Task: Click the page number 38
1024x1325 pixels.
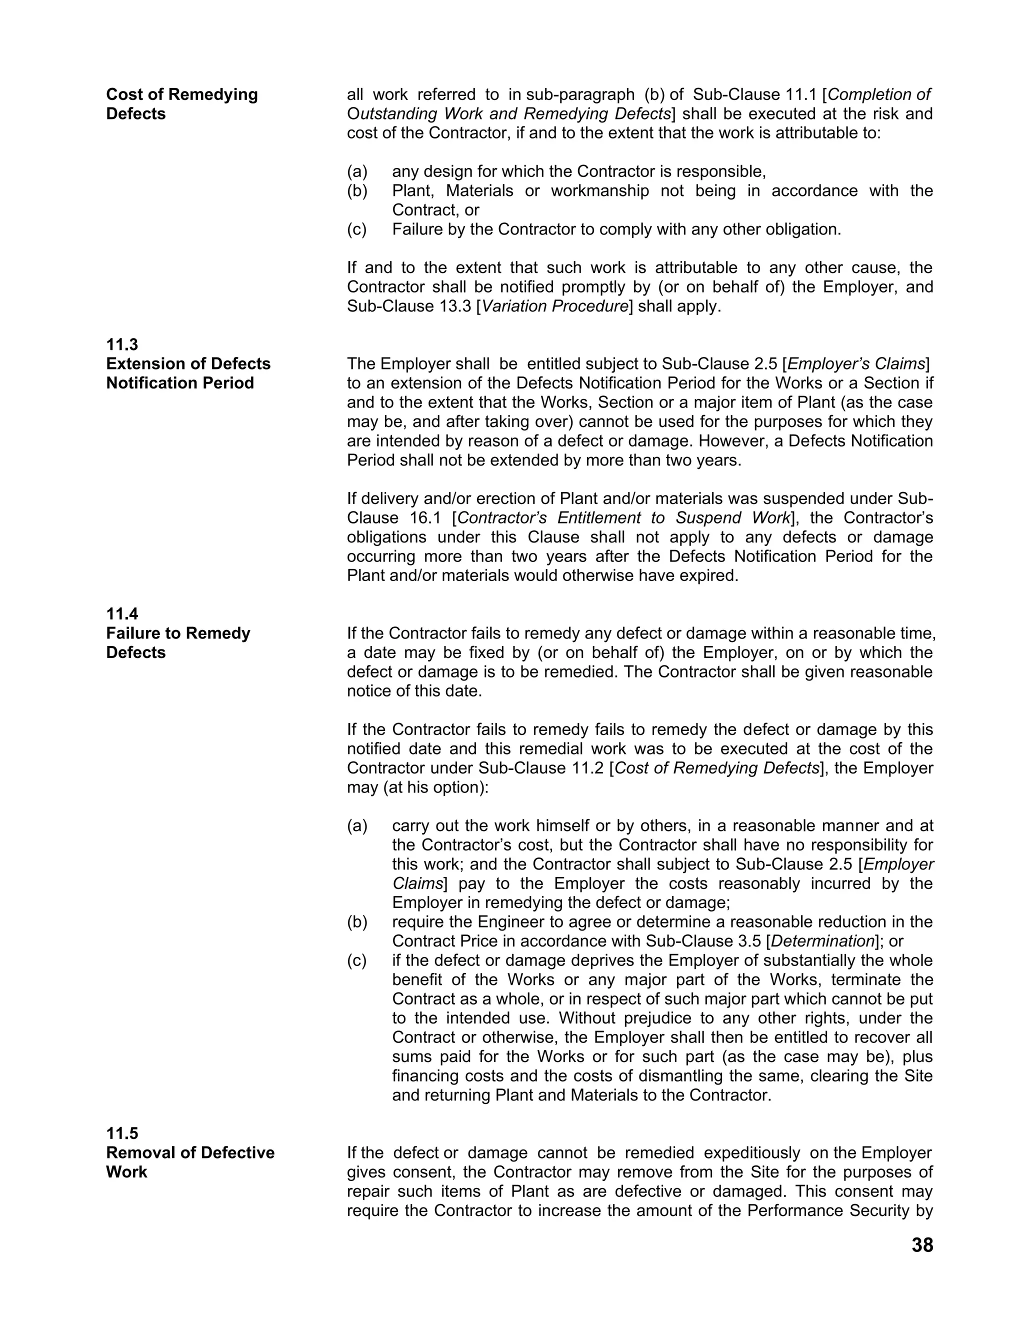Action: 922,1245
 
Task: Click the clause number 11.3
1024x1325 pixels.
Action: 122,344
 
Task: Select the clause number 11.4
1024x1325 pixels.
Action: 122,614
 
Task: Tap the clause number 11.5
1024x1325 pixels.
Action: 122,1133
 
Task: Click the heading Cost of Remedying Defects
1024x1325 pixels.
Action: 181,103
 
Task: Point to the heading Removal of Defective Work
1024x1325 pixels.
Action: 190,1162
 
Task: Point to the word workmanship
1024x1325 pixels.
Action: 599,190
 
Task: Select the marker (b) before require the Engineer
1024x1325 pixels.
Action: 357,922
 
